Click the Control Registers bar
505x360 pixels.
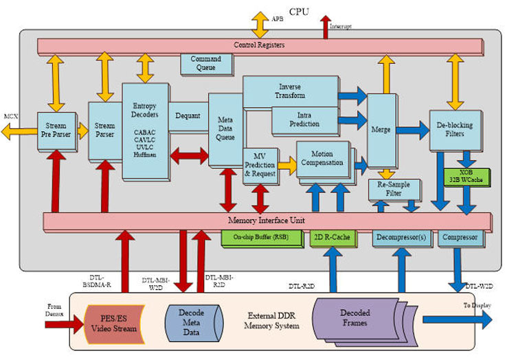261,45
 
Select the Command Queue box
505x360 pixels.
205,63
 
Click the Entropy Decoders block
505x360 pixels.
145,131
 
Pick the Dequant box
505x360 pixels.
187,116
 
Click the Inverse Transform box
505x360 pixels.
290,92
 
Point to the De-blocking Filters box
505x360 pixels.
454,129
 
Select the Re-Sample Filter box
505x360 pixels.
394,189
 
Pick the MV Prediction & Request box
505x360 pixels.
260,166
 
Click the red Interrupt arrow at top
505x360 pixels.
325,26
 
